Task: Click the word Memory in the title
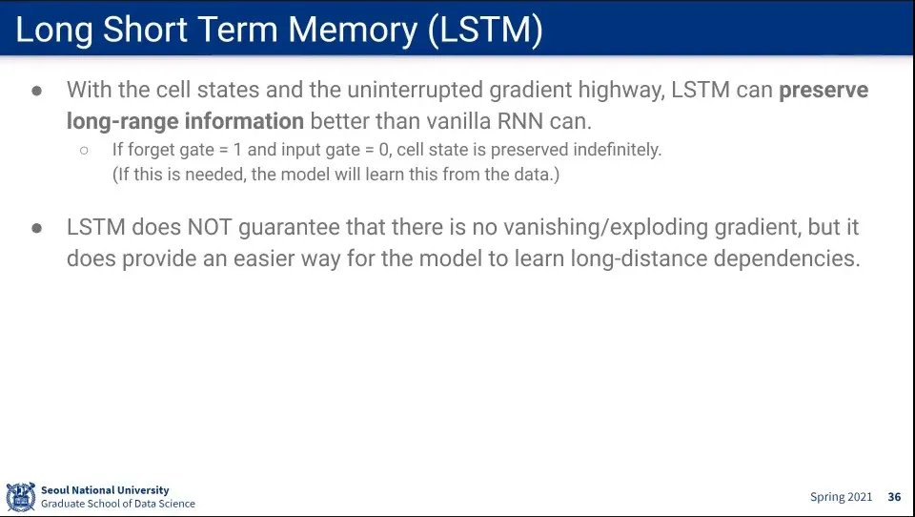(353, 31)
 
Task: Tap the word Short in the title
(144, 30)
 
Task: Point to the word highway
(620, 91)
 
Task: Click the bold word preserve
(823, 91)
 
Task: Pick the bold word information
(244, 121)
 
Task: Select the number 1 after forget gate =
(237, 150)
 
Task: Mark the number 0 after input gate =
(383, 150)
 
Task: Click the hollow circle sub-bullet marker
(84, 151)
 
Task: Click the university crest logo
(21, 497)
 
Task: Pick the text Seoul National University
(105, 490)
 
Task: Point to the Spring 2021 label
(841, 497)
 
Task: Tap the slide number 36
(895, 497)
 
